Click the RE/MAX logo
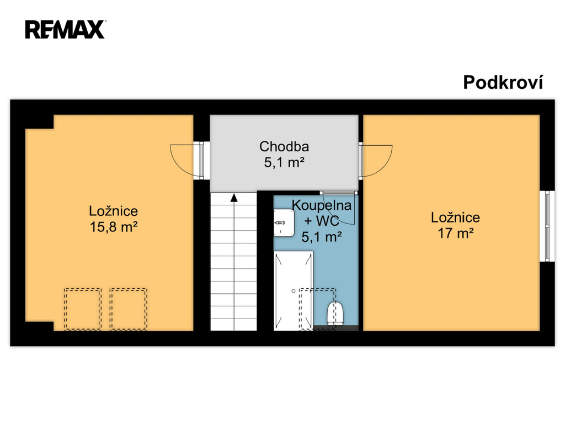pos(65,30)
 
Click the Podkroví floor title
pos(503,83)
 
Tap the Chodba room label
pos(284,147)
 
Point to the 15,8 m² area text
pos(114,227)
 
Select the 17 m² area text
pos(455,234)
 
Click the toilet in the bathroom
pos(336,314)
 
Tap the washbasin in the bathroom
pos(284,223)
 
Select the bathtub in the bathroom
pos(294,290)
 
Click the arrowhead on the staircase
pos(234,198)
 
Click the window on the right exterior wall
pos(547,226)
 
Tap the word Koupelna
pos(322,205)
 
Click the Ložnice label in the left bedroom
pos(114,211)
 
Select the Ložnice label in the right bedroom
pos(455,218)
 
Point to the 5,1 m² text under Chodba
pos(284,163)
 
